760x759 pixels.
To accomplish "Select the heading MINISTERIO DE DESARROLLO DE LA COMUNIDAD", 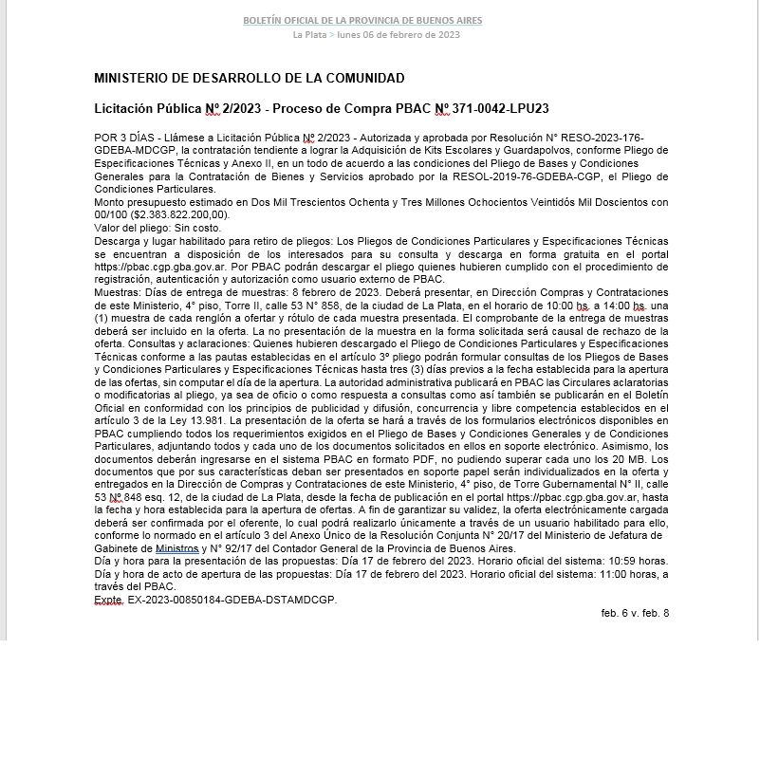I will point(250,78).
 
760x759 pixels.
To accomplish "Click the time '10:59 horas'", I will point(638,562).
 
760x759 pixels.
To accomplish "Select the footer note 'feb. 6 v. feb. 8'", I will point(635,613).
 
